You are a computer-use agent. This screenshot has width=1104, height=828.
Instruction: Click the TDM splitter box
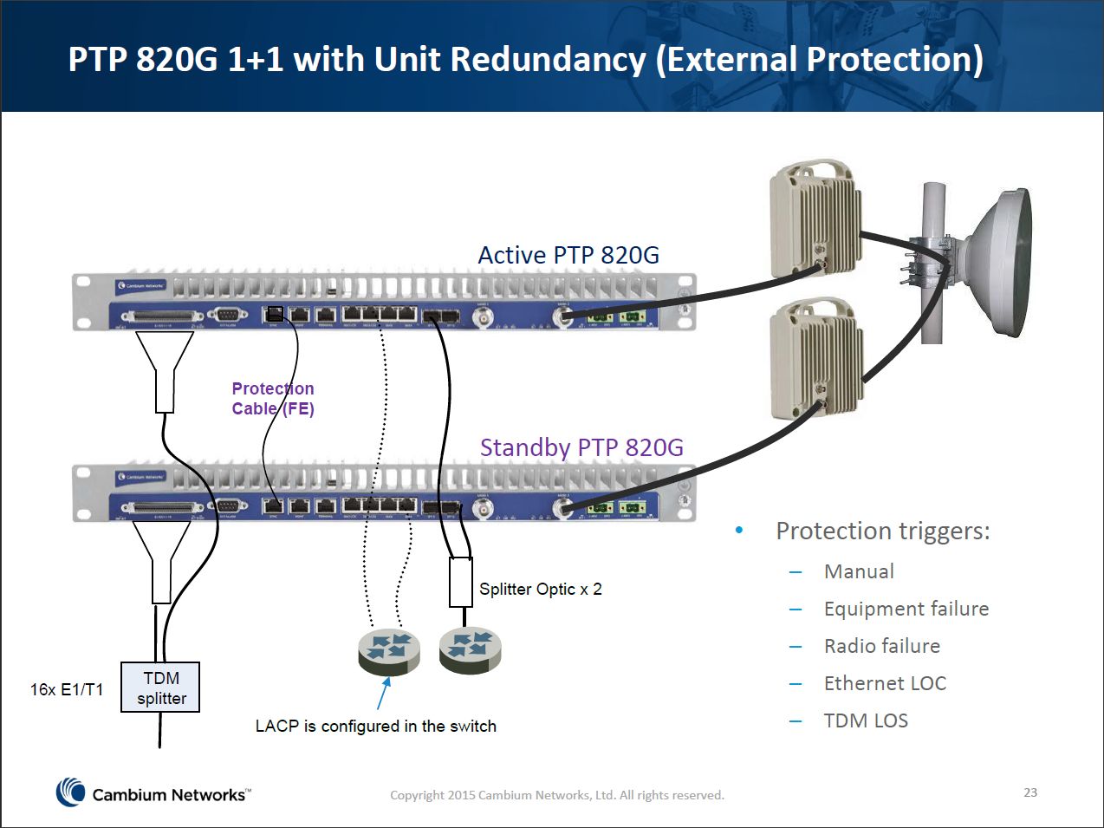point(160,688)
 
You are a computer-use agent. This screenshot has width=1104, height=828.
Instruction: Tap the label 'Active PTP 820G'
point(568,256)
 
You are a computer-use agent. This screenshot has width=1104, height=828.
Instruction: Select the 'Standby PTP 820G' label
point(581,447)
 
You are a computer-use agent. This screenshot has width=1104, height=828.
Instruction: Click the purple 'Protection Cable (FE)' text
point(272,399)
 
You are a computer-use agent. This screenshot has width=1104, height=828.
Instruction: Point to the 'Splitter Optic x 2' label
point(541,589)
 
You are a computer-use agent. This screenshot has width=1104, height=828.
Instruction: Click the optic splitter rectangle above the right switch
point(460,582)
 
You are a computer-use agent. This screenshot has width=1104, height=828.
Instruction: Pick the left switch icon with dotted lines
point(388,651)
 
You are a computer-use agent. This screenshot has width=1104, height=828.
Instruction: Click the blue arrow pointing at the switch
point(383,693)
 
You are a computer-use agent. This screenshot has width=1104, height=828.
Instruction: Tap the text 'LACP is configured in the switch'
point(375,727)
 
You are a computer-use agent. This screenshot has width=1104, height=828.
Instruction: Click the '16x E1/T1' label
point(67,689)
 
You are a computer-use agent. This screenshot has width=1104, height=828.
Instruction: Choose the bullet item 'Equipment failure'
point(906,609)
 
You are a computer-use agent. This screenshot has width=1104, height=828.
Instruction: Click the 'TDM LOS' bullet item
point(866,720)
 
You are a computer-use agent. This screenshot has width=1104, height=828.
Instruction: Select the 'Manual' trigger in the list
point(859,571)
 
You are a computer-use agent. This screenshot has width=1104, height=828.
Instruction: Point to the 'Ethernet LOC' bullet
point(885,683)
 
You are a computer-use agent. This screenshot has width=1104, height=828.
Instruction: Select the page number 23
point(1030,792)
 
